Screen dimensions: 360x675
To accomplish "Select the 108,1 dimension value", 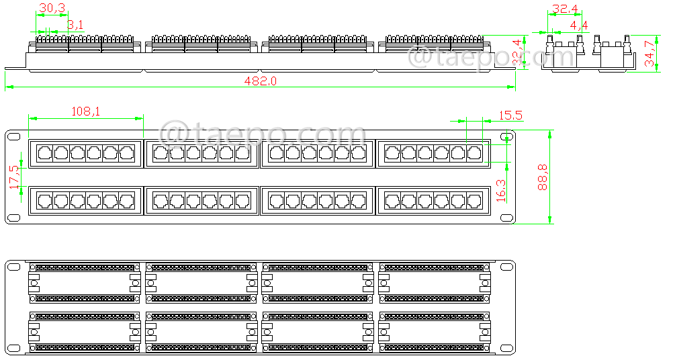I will click(85, 111).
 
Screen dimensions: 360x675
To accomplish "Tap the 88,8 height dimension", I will click(543, 176).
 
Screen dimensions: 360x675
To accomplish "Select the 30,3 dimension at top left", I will click(52, 9).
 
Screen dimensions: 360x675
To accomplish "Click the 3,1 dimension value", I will click(75, 25).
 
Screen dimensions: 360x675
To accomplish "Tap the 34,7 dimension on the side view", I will click(650, 53).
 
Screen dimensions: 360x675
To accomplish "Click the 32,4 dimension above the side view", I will click(564, 10).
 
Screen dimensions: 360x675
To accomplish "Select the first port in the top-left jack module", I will click(45, 153).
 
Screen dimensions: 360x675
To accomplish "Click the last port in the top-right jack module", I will click(475, 153).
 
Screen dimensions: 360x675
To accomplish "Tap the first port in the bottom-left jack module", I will click(45, 200).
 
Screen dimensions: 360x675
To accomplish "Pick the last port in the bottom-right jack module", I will click(475, 200).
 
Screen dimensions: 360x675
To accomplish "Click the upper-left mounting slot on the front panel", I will click(13, 136).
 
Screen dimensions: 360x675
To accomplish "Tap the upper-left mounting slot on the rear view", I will click(13, 267).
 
